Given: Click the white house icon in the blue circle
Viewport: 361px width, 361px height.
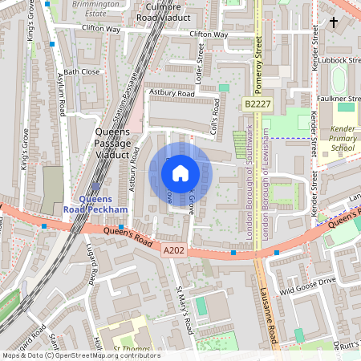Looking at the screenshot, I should click(x=180, y=172).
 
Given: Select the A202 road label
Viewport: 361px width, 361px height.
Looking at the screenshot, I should click(x=174, y=251).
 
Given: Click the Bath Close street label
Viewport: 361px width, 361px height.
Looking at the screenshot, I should click(x=81, y=71).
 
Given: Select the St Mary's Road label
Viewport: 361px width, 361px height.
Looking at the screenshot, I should click(x=184, y=309).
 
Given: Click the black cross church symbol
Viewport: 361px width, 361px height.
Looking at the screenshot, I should click(x=333, y=22).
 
